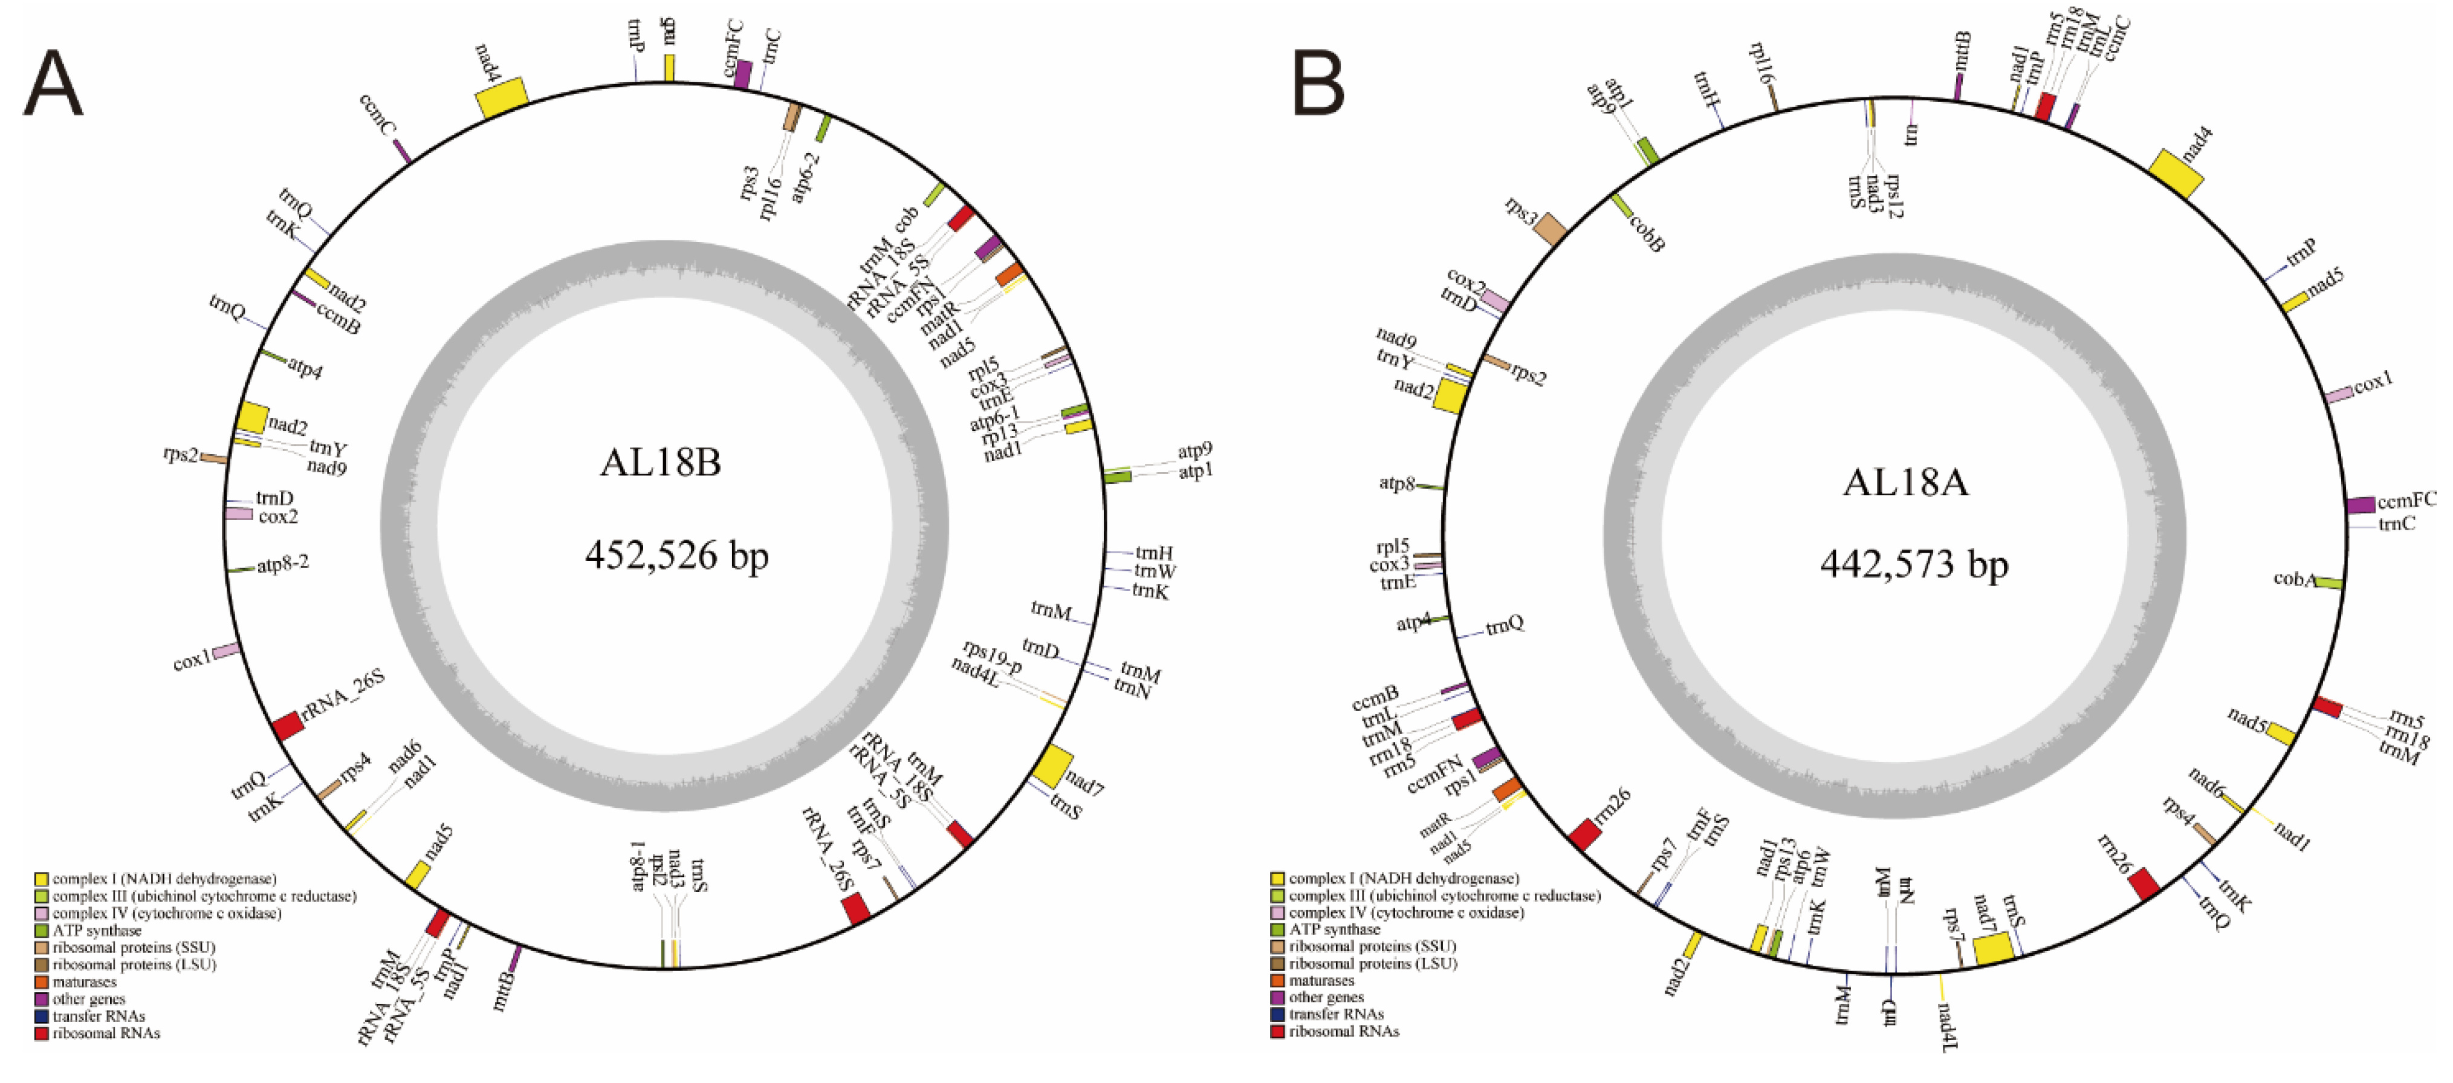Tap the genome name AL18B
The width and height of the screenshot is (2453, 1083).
(x=660, y=463)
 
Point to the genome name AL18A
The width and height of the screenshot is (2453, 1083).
(x=1905, y=482)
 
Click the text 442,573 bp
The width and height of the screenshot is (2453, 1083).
(x=1914, y=565)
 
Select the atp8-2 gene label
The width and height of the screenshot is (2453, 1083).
(x=283, y=564)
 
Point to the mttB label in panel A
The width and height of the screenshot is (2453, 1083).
(x=505, y=990)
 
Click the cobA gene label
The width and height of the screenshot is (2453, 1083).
(x=2294, y=578)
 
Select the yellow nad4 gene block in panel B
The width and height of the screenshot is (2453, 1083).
(x=2176, y=174)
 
